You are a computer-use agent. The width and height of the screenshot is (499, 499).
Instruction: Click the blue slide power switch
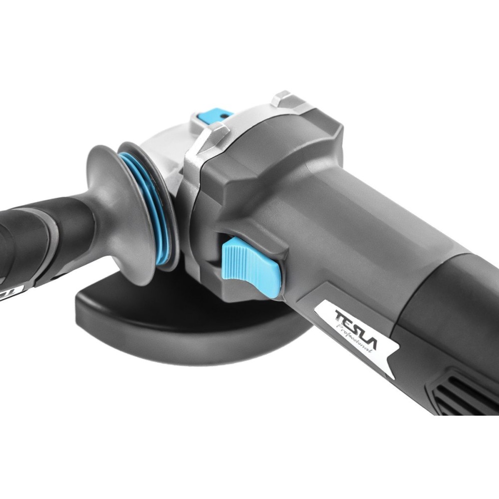click(x=251, y=266)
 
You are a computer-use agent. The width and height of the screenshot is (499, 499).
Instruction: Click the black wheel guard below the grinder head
click(x=178, y=328)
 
